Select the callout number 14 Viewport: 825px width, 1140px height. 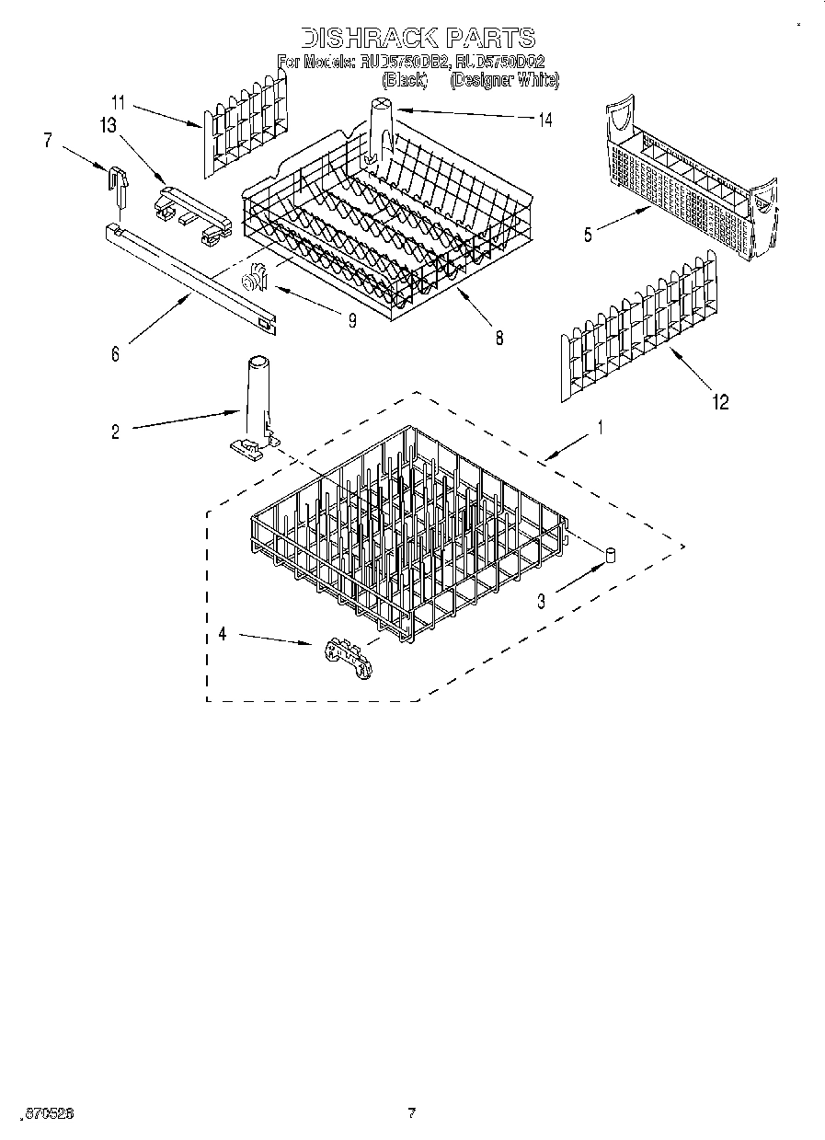(545, 120)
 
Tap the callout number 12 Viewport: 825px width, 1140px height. (720, 402)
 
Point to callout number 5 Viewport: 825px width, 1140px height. (587, 235)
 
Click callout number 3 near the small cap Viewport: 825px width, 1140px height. (542, 601)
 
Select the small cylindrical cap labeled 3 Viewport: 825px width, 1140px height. (609, 554)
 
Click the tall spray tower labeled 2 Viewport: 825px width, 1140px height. (256, 403)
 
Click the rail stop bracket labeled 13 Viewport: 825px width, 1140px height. (192, 209)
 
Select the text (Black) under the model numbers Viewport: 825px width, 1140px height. (404, 81)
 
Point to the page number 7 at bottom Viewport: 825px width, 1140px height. (412, 1113)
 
